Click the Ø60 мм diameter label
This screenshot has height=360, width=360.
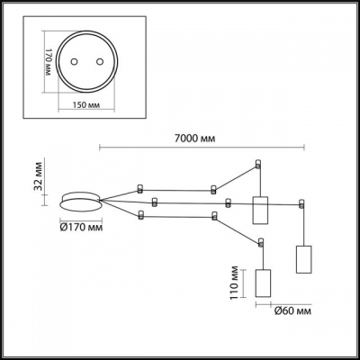click(x=291, y=311)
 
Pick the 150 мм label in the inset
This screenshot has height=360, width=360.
click(x=83, y=105)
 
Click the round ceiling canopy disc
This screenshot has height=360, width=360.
click(x=79, y=201)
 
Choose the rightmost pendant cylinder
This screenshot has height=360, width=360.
click(x=302, y=258)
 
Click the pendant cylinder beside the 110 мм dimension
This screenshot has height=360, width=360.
click(x=264, y=283)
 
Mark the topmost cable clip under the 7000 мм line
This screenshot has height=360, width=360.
click(x=259, y=165)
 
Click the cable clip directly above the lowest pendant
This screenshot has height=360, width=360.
click(x=261, y=242)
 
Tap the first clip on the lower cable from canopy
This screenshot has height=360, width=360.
click(x=140, y=214)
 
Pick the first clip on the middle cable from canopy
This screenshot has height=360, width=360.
click(x=156, y=201)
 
